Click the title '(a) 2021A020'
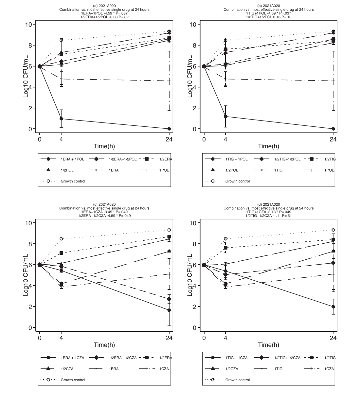(104, 6)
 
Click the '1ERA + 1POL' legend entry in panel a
(72, 159)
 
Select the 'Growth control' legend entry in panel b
(237, 181)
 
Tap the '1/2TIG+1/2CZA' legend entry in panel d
(287, 358)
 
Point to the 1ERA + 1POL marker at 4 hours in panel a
(61, 119)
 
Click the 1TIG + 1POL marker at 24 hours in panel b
(333, 129)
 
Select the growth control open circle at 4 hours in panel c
(61, 239)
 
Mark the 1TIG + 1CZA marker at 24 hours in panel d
(333, 307)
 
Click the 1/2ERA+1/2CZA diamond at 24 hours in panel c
(169, 299)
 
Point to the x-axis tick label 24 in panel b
(333, 139)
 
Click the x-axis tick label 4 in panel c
(61, 338)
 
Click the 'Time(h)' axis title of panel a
(104, 146)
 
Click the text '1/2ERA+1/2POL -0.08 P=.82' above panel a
(104, 17)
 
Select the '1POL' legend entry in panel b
(329, 170)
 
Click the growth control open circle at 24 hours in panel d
(333, 230)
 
